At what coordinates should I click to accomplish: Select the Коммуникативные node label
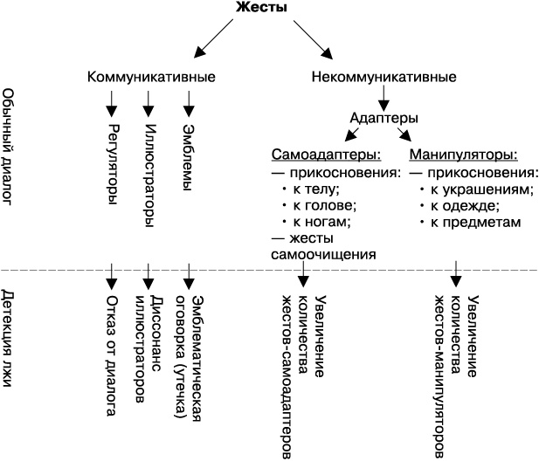(x=152, y=77)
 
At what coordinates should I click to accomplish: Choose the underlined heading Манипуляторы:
(x=463, y=155)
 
